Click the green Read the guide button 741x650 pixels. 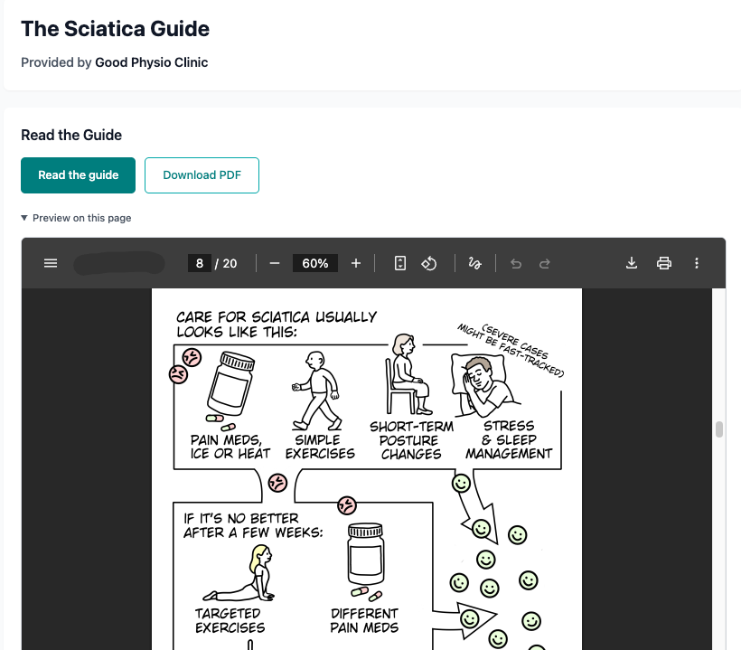tap(78, 175)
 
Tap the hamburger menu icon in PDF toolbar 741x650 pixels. tap(51, 263)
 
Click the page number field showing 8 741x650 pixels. tap(201, 263)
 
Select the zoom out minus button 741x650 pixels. tap(274, 263)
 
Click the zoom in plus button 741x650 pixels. tap(356, 263)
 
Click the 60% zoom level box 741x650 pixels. tap(315, 263)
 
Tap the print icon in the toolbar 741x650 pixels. tap(664, 263)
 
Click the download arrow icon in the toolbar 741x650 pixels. tap(632, 263)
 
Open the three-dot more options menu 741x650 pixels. tap(697, 263)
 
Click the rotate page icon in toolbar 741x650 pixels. tap(430, 263)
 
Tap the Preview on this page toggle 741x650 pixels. tap(76, 218)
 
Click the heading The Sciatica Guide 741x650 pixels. tap(115, 29)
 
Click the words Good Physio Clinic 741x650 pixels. tap(151, 62)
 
